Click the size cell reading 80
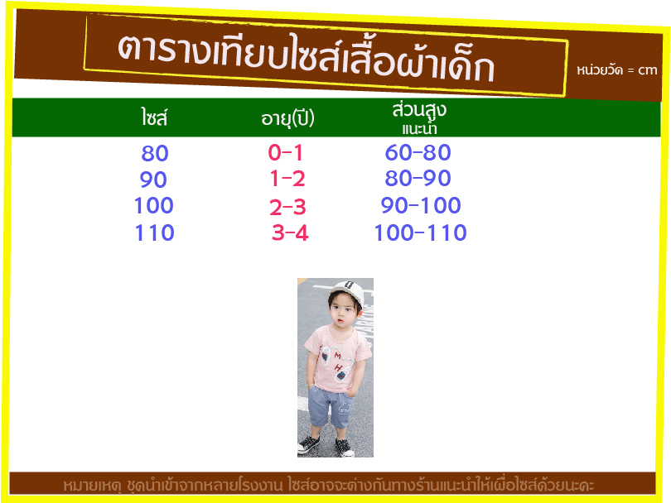155,153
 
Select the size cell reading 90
153,180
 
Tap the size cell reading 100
153,205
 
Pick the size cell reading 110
154,232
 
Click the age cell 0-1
286,152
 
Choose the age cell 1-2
287,179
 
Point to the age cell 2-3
287,208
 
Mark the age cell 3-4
290,233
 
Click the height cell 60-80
418,152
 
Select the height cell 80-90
418,178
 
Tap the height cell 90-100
421,205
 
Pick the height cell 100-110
420,232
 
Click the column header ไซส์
154,117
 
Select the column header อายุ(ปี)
287,118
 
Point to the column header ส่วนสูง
419,111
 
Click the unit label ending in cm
616,70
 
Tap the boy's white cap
347,292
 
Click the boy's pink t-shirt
338,359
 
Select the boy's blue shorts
331,406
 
